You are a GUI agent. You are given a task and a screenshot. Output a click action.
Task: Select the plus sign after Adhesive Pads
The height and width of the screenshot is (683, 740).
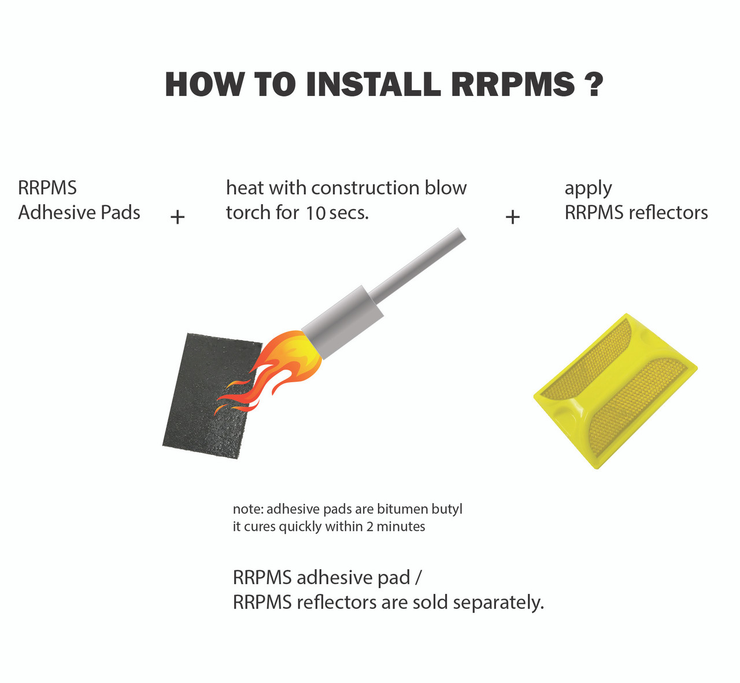click(177, 217)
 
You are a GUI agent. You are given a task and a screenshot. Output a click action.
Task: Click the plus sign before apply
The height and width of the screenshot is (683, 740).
click(513, 217)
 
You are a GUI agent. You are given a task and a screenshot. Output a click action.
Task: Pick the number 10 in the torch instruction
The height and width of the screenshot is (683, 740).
click(316, 213)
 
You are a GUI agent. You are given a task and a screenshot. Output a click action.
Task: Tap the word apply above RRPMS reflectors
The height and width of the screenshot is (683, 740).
click(588, 189)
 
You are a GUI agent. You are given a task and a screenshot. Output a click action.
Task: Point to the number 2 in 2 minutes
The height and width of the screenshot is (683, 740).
click(370, 527)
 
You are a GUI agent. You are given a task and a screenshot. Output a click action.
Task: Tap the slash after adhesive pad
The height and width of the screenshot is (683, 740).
click(419, 577)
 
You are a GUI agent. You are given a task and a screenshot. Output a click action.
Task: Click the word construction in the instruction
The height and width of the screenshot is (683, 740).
click(365, 188)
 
